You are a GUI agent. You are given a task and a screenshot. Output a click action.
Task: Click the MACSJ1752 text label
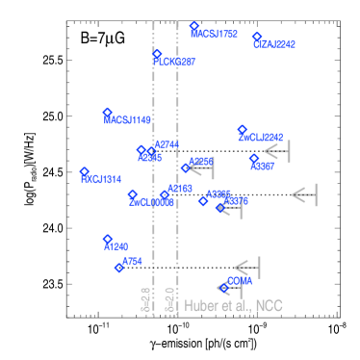(215, 35)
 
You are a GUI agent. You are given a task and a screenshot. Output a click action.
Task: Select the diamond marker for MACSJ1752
(194, 27)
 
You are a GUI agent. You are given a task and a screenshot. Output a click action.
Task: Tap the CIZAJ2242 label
(275, 44)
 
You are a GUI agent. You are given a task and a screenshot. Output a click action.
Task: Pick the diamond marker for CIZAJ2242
(257, 37)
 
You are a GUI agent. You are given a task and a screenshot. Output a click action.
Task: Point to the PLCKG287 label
(175, 62)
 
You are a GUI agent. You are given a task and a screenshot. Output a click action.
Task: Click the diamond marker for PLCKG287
(157, 55)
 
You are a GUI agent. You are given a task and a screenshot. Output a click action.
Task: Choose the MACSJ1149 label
(128, 120)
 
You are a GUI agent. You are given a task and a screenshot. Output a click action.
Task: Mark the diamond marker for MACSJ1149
(108, 113)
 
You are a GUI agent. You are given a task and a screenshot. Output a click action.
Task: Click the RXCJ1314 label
(101, 180)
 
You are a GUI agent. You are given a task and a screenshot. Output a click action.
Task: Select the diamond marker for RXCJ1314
(85, 172)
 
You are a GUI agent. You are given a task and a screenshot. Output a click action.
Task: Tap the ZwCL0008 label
(151, 203)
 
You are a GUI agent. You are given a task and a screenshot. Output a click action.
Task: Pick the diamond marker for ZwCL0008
(133, 194)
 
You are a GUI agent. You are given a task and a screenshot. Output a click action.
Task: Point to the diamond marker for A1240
(108, 239)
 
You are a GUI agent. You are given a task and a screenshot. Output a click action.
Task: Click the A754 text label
(133, 261)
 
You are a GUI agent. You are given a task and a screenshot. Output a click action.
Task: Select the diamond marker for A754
(119, 268)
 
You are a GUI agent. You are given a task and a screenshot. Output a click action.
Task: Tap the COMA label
(240, 281)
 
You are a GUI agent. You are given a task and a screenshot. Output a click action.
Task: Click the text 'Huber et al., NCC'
(234, 305)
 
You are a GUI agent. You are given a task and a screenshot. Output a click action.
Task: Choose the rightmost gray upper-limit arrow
(304, 194)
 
